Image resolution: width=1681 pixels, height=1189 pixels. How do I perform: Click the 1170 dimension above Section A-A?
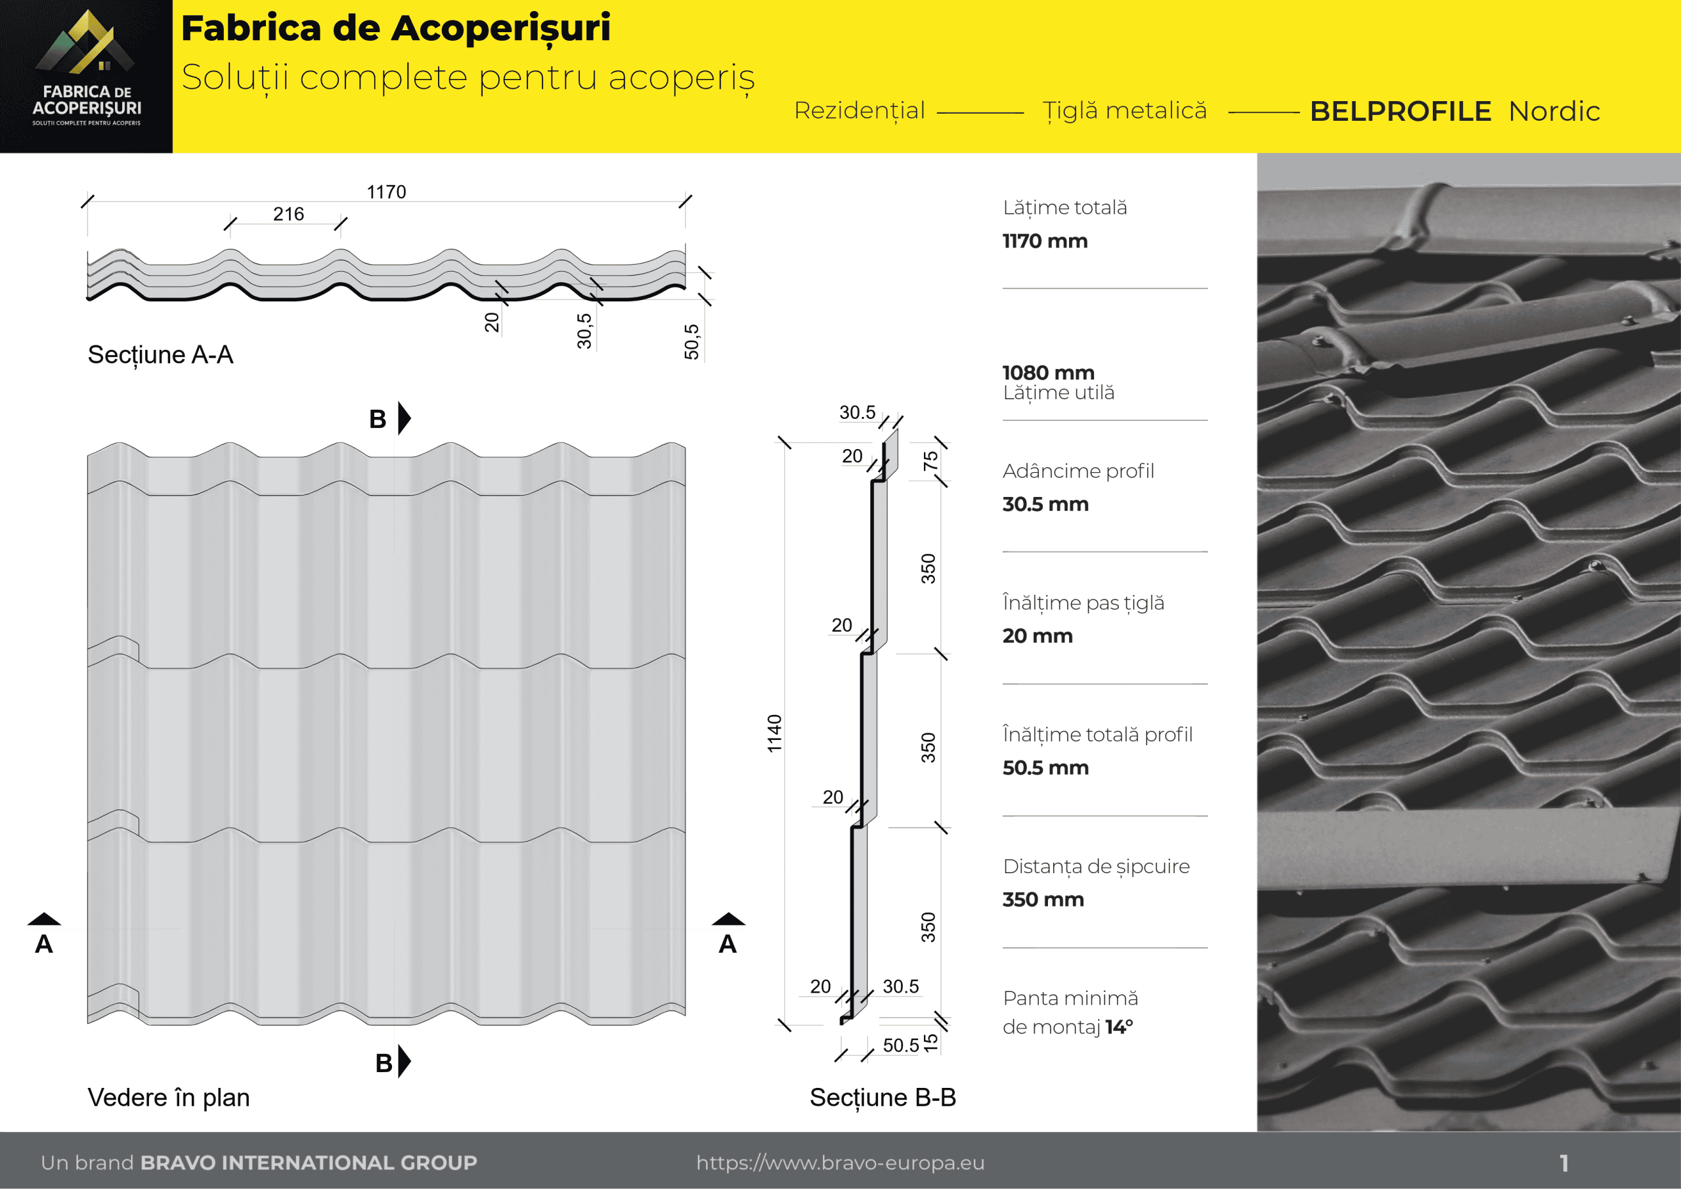[386, 192]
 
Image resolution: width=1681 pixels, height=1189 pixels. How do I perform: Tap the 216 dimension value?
[288, 214]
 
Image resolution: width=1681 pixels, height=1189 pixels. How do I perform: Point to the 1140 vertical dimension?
[775, 733]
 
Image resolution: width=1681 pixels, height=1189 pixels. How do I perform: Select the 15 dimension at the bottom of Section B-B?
[930, 1043]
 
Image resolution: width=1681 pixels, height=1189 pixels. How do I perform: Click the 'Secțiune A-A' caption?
[160, 355]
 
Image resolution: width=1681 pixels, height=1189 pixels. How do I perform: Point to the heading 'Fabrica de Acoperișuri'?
[395, 28]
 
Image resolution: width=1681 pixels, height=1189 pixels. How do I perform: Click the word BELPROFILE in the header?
[1400, 112]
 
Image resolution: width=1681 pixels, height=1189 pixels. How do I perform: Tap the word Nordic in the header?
[1554, 112]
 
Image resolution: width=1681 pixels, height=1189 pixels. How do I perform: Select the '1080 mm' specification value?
[1048, 373]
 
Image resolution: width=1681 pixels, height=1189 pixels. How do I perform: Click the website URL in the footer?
[840, 1163]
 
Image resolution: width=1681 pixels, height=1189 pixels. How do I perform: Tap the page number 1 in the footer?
[1563, 1163]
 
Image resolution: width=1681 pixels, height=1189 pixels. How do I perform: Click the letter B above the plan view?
[378, 420]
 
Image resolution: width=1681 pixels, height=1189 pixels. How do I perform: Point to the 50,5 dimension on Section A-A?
[692, 341]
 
